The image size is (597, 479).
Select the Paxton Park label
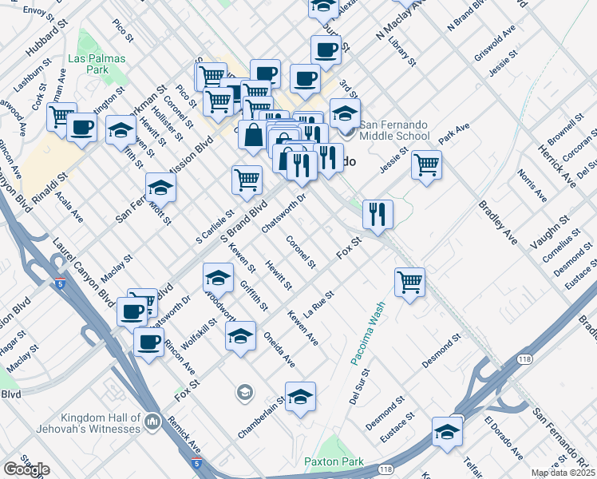(334, 461)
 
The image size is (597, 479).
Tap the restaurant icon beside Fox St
(378, 214)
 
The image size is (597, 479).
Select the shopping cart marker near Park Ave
(427, 165)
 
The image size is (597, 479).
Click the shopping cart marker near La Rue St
(409, 282)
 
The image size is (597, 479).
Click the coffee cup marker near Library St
(326, 49)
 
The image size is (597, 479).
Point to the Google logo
(26, 469)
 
